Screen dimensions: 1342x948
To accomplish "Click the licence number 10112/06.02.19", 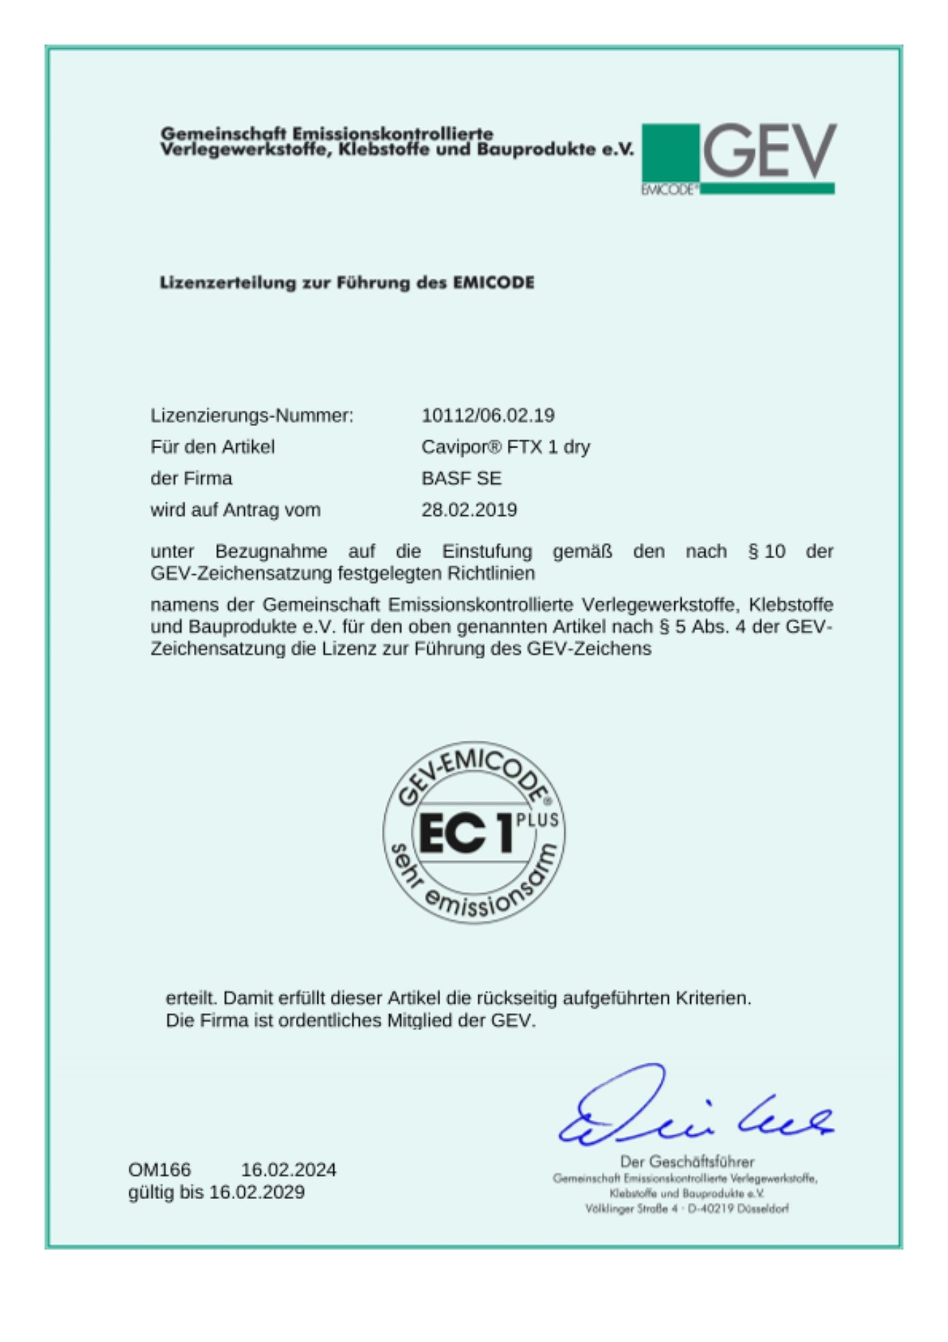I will [x=488, y=415].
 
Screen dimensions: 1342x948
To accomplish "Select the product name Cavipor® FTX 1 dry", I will [x=505, y=447].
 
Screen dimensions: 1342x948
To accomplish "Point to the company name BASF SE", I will [x=461, y=478].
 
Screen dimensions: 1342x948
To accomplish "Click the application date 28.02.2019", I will [x=469, y=510].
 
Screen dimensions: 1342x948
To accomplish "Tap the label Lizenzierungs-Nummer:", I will [x=252, y=415].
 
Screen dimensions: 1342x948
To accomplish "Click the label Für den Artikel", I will [x=212, y=447].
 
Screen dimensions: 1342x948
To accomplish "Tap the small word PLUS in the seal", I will [x=537, y=819].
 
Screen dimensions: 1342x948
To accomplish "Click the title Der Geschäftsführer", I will [x=687, y=1162].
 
